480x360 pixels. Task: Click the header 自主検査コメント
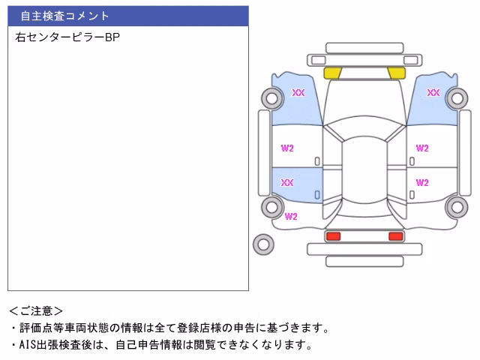click(64, 16)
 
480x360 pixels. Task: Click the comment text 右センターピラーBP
click(67, 37)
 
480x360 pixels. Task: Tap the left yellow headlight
click(332, 73)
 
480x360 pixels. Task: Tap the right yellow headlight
click(397, 73)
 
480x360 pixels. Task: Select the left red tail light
click(333, 236)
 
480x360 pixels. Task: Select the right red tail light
click(396, 236)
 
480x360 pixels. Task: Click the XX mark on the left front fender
click(298, 92)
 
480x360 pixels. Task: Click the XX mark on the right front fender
click(433, 92)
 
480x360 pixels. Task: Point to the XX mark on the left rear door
click(287, 183)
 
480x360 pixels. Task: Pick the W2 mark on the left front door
click(287, 148)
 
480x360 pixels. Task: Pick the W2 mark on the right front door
click(422, 148)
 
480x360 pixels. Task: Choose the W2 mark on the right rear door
click(422, 183)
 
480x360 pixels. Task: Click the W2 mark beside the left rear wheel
click(291, 217)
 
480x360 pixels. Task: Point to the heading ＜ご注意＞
click(36, 311)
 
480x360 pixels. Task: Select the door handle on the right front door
click(412, 161)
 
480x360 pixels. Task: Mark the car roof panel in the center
click(364, 170)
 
